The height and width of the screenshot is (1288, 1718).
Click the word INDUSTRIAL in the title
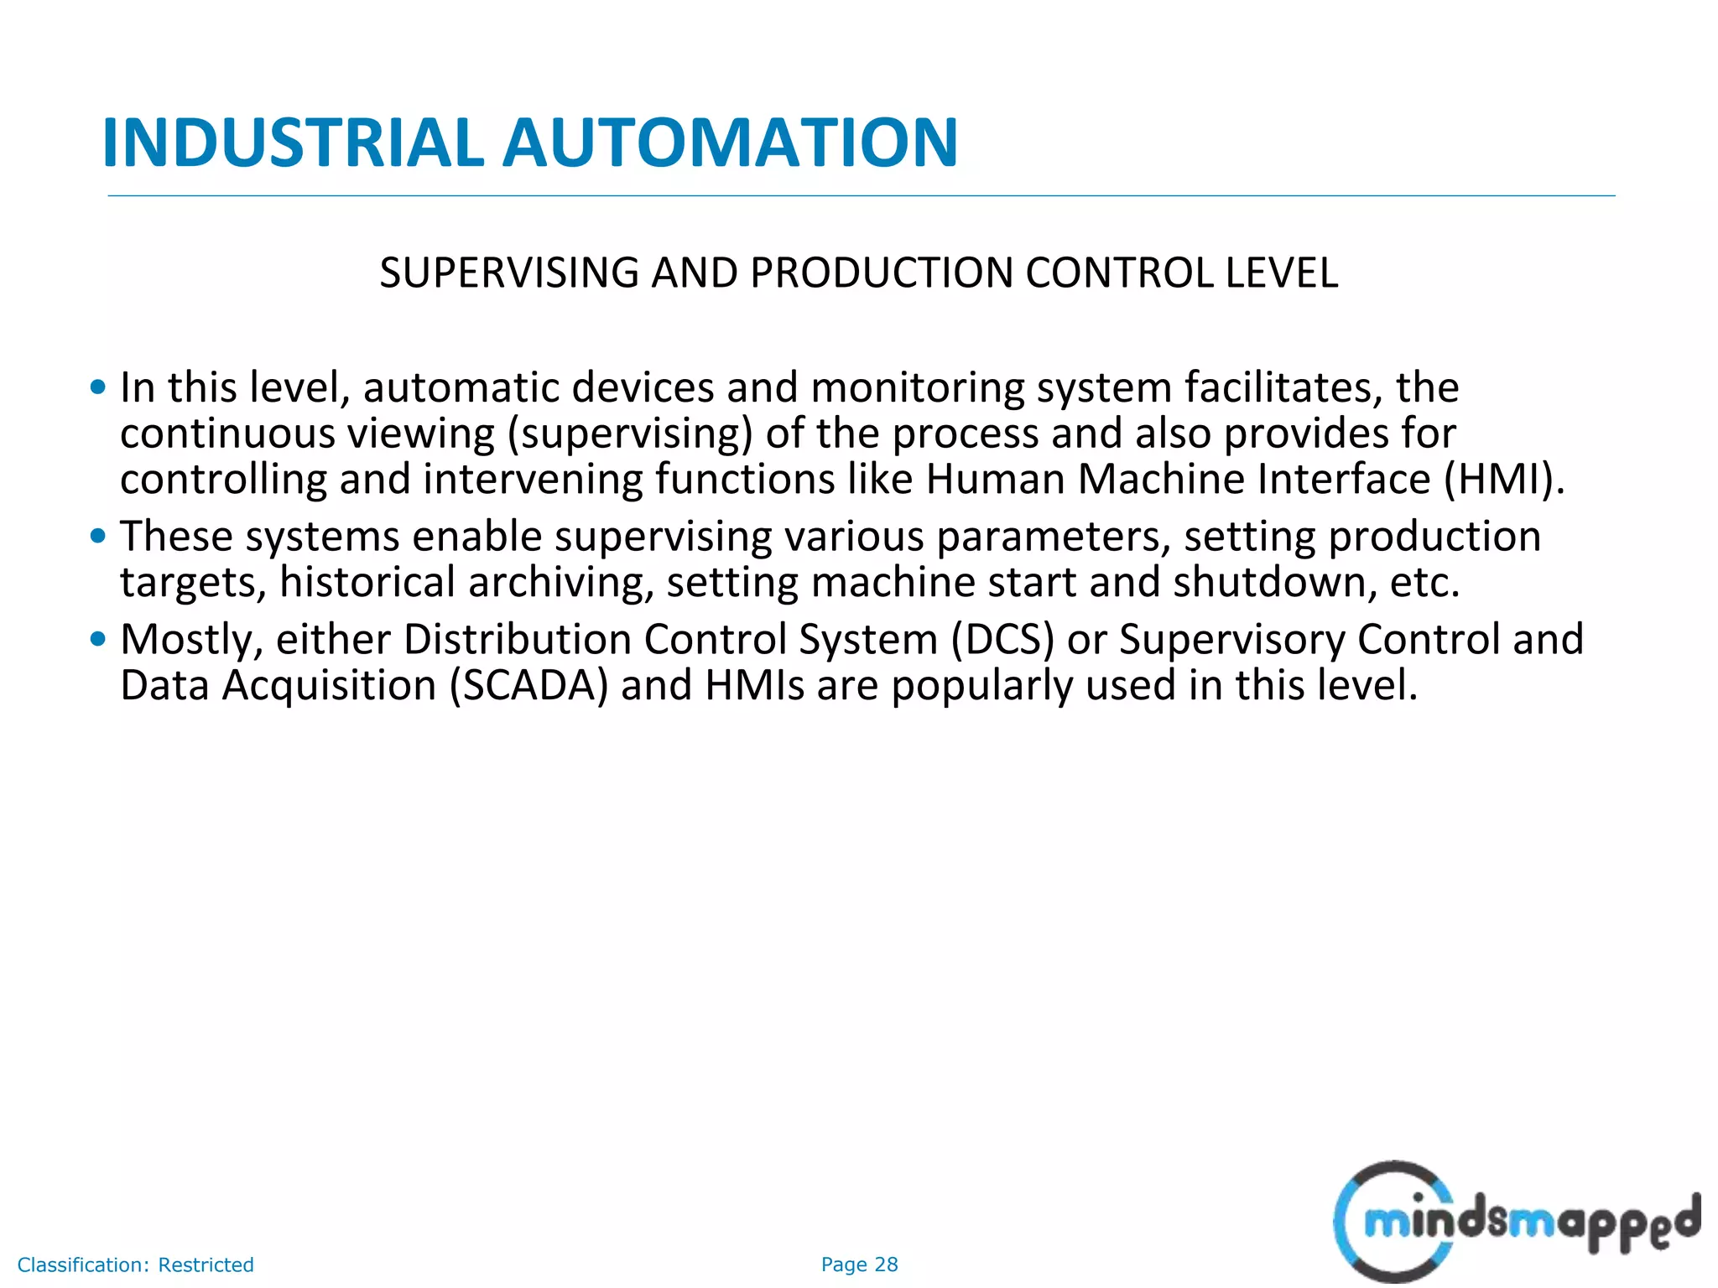293,143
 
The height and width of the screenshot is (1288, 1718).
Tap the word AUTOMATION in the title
730,143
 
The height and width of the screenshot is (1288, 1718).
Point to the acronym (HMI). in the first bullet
1504,479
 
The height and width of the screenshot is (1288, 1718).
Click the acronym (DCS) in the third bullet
1002,639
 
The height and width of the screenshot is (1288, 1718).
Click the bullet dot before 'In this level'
98,387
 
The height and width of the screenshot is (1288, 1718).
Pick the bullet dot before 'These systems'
98,536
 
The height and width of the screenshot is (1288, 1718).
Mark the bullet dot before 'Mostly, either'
98,639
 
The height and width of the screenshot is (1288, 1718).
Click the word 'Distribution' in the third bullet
518,639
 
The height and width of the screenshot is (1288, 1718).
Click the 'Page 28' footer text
859,1265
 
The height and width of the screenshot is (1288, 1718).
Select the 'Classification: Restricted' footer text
135,1265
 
